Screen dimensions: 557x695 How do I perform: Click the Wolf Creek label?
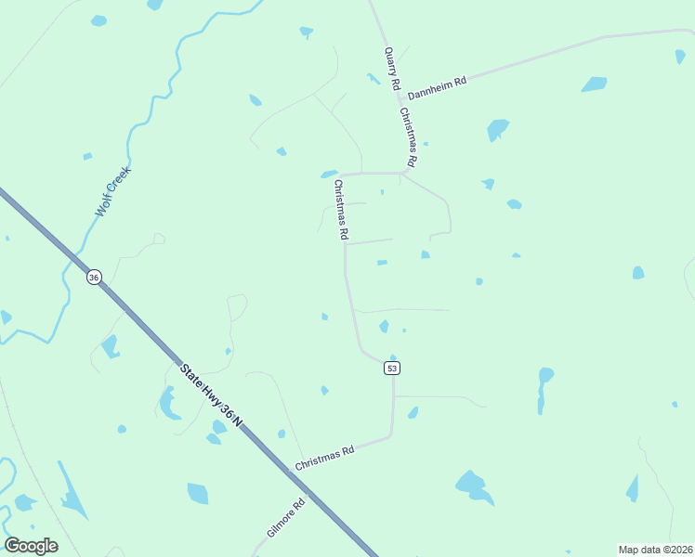[x=113, y=192]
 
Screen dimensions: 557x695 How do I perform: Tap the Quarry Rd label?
[x=392, y=69]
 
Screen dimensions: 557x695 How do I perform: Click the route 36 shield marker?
[x=93, y=278]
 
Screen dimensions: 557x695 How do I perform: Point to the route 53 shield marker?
[x=392, y=369]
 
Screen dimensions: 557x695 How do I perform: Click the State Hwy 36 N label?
[x=211, y=395]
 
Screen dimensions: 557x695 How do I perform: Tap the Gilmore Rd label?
[x=285, y=520]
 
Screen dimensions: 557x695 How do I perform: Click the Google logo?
[x=31, y=546]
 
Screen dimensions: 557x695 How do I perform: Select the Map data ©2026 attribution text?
[x=656, y=550]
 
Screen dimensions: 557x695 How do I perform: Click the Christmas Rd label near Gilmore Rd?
[x=325, y=458]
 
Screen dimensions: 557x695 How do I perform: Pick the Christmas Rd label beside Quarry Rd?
[x=408, y=136]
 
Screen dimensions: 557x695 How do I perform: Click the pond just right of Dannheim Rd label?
[x=594, y=84]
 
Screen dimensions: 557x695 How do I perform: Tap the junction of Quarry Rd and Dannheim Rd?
[x=401, y=90]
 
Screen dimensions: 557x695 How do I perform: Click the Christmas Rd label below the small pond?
[x=341, y=209]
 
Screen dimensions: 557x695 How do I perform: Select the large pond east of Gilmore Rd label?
[x=472, y=486]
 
